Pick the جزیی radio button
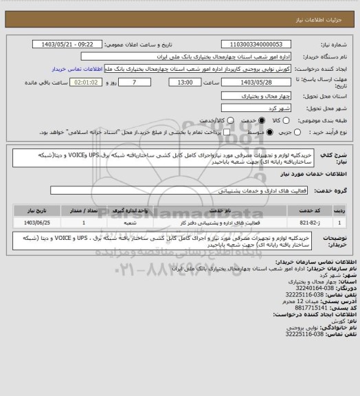click(x=271, y=131)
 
